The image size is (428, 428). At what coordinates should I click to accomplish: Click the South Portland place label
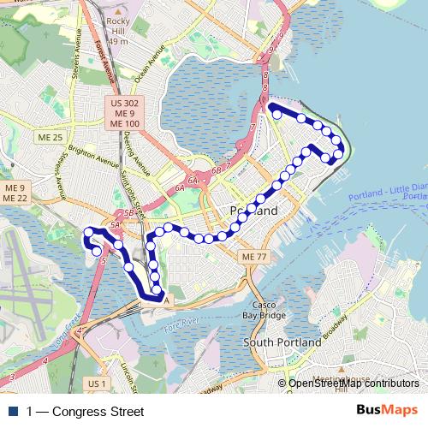[x=282, y=342]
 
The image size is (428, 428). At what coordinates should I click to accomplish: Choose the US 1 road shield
[x=98, y=383]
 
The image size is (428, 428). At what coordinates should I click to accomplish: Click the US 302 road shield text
[x=125, y=103]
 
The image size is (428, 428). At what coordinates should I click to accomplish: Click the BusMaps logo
[x=388, y=412]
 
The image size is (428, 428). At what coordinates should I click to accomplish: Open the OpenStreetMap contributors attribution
[x=354, y=383]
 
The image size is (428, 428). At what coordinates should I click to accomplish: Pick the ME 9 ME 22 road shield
[x=15, y=193]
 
